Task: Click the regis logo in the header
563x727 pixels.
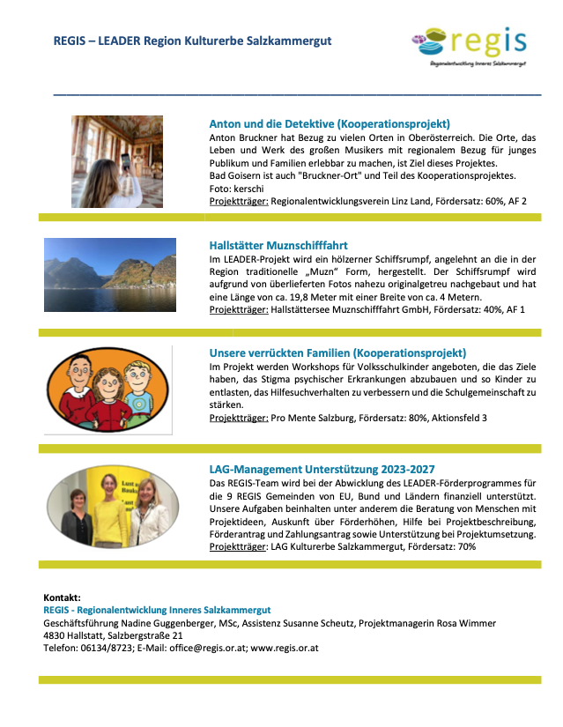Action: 470,43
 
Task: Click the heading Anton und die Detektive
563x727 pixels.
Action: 330,123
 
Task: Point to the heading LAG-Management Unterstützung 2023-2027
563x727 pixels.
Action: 322,470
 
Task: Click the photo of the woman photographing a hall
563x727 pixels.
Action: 117,161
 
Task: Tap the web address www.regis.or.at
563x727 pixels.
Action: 285,648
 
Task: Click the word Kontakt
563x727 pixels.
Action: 62,597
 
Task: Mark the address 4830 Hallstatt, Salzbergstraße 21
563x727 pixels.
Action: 113,635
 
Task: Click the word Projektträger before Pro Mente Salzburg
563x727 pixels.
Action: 239,417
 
